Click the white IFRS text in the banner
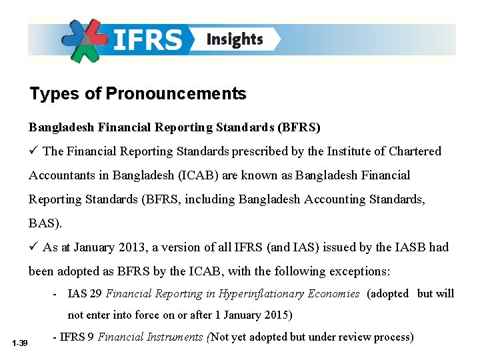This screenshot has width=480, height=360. click(x=148, y=39)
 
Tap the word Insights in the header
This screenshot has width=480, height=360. click(x=235, y=39)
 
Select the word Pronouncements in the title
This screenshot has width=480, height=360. click(x=176, y=94)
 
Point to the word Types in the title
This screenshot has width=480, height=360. click(x=54, y=94)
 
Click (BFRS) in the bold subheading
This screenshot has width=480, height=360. click(x=299, y=127)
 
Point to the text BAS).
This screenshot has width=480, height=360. click(x=43, y=223)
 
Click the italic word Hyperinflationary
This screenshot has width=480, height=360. click(x=264, y=293)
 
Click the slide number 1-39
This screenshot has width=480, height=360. click(x=19, y=343)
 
